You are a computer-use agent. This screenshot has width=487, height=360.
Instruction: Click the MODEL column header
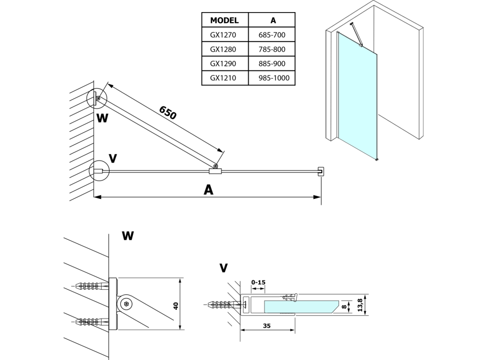click(x=225, y=20)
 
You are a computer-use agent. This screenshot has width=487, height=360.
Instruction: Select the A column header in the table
click(x=273, y=20)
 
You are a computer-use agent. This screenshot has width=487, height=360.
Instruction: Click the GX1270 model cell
click(x=225, y=35)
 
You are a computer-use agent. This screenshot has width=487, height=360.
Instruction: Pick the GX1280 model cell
click(x=225, y=50)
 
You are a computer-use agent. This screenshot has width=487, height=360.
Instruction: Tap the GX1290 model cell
click(x=225, y=64)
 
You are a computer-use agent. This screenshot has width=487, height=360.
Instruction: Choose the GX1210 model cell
click(x=225, y=79)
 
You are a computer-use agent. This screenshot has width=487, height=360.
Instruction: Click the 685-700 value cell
click(x=273, y=35)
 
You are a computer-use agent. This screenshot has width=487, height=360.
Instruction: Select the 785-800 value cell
click(x=273, y=50)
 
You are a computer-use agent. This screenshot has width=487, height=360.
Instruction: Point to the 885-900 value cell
click(x=273, y=64)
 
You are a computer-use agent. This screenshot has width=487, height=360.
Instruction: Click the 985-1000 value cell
click(x=273, y=79)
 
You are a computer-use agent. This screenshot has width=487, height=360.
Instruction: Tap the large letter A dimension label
click(x=208, y=190)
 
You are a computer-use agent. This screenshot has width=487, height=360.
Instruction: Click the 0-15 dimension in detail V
click(x=258, y=283)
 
